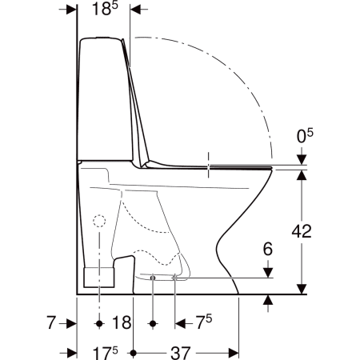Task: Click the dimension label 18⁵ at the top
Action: coord(105,9)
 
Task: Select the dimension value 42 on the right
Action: coord(302,231)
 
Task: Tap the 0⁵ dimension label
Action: coord(305,136)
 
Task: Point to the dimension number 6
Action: coord(268,249)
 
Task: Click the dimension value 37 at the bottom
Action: coord(181,353)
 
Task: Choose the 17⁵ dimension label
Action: coord(105,353)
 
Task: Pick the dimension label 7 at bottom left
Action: coord(51,322)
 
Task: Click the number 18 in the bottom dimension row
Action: coord(122,322)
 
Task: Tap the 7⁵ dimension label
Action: coord(204,322)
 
